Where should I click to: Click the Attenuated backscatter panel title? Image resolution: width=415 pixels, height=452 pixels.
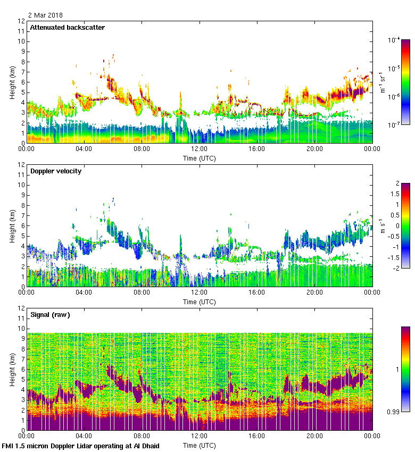click(x=67, y=27)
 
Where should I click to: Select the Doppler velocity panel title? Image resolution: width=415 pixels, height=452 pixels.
click(x=56, y=171)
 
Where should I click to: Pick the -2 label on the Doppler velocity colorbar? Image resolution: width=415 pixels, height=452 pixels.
click(x=396, y=269)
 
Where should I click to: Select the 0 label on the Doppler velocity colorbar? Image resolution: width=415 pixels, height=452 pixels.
click(x=397, y=225)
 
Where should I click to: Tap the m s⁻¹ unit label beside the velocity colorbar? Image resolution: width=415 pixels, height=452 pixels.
click(x=385, y=226)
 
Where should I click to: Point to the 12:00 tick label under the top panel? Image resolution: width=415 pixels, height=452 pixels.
click(x=200, y=149)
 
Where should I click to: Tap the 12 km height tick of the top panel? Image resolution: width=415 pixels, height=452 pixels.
click(x=21, y=21)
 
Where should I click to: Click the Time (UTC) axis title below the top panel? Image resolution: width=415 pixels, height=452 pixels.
click(x=200, y=158)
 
